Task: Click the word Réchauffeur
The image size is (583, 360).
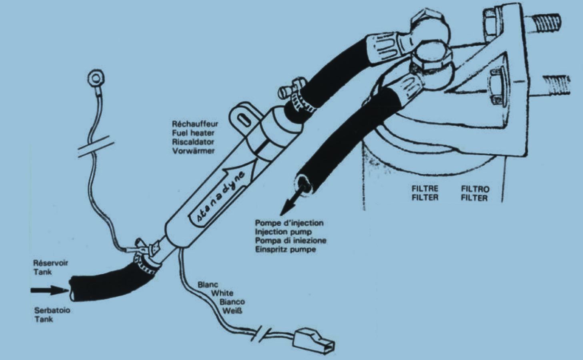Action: [195, 124]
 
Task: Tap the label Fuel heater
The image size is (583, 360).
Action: [193, 133]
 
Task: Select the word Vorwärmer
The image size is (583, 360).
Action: [193, 151]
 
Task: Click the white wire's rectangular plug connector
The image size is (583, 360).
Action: [314, 341]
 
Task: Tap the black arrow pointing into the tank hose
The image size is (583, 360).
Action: [50, 290]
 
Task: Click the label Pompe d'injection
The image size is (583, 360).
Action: [289, 223]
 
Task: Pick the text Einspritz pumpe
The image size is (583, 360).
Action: [286, 249]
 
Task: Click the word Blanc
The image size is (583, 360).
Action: [208, 284]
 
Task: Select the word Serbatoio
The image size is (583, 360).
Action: [52, 310]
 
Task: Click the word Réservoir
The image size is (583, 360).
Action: [51, 263]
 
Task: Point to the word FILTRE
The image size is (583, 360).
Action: [425, 188]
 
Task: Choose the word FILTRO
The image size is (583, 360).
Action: [475, 189]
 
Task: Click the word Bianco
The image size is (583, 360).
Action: [232, 302]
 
